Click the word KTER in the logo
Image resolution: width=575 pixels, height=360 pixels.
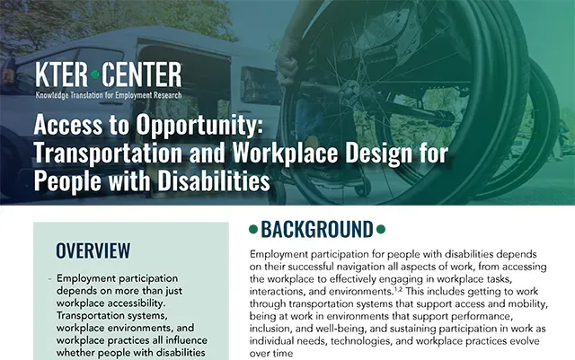(x=61, y=75)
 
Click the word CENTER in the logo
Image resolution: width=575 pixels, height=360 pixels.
(x=142, y=75)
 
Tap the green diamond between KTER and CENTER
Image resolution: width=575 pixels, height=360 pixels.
(x=95, y=75)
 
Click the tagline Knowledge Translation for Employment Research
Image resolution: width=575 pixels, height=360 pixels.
(x=109, y=95)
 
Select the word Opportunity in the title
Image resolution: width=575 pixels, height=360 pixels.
(x=199, y=126)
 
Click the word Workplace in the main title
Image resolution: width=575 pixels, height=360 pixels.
(x=285, y=154)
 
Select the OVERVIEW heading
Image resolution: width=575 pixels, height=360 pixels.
(x=93, y=250)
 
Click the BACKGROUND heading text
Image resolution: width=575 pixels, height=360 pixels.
(x=317, y=230)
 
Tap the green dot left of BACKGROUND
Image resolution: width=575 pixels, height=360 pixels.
(x=253, y=230)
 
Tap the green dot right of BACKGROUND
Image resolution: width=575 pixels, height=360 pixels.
(x=381, y=230)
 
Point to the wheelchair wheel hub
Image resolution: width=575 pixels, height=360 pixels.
(x=351, y=89)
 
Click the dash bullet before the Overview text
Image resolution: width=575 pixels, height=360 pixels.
(x=49, y=279)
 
